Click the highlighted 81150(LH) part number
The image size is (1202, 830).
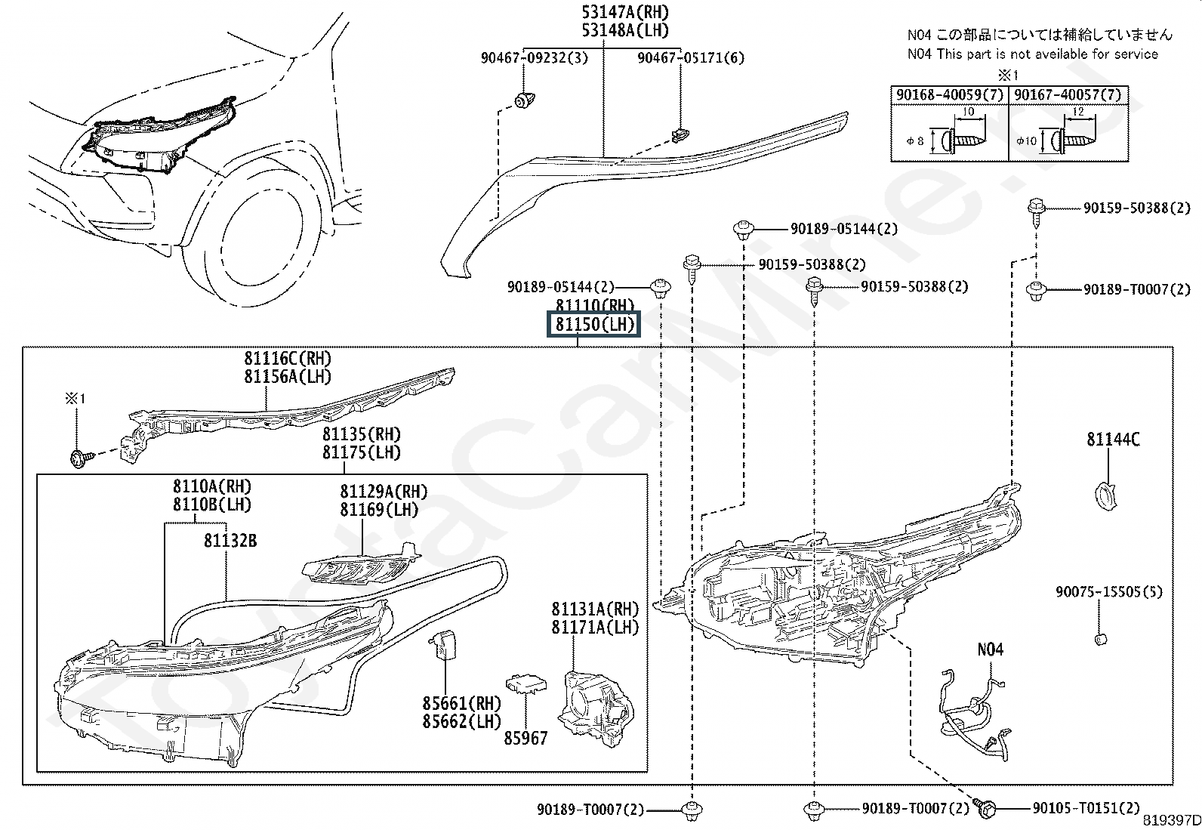tap(594, 324)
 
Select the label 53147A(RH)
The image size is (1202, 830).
tap(626, 12)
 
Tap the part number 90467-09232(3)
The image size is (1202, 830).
tap(534, 57)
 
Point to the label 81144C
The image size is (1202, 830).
tap(1114, 440)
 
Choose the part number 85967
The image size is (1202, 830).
tap(525, 738)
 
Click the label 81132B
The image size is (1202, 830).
tap(230, 541)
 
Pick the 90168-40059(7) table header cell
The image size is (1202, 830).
tap(950, 95)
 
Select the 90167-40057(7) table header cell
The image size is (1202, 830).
tap(1068, 95)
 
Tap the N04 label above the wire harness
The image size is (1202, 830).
tap(990, 649)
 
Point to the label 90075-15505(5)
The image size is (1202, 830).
tap(1108, 591)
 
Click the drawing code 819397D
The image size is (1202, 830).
tap(1171, 820)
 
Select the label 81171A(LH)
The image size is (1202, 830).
tap(595, 627)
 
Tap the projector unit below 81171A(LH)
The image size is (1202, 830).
tap(596, 708)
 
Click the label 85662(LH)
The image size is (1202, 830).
tap(461, 721)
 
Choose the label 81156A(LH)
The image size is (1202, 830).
tap(288, 377)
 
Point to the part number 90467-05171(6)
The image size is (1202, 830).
tap(691, 57)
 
